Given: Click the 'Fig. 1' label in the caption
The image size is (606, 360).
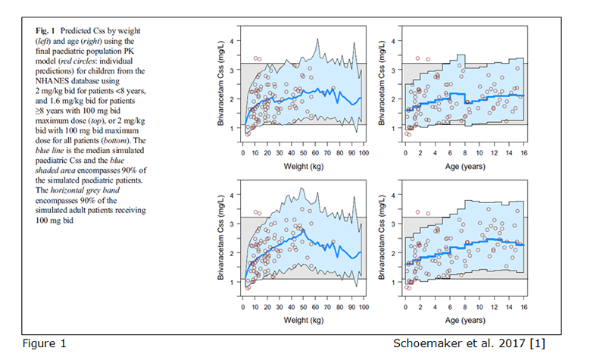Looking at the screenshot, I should tap(43, 30).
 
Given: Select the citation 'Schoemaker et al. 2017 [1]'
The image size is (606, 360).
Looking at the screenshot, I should tap(468, 343).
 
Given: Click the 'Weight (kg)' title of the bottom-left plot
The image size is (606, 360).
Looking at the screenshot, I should tap(303, 319).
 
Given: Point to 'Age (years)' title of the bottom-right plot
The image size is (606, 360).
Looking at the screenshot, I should tap(465, 319).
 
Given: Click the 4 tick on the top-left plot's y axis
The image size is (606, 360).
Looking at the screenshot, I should tap(233, 41).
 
